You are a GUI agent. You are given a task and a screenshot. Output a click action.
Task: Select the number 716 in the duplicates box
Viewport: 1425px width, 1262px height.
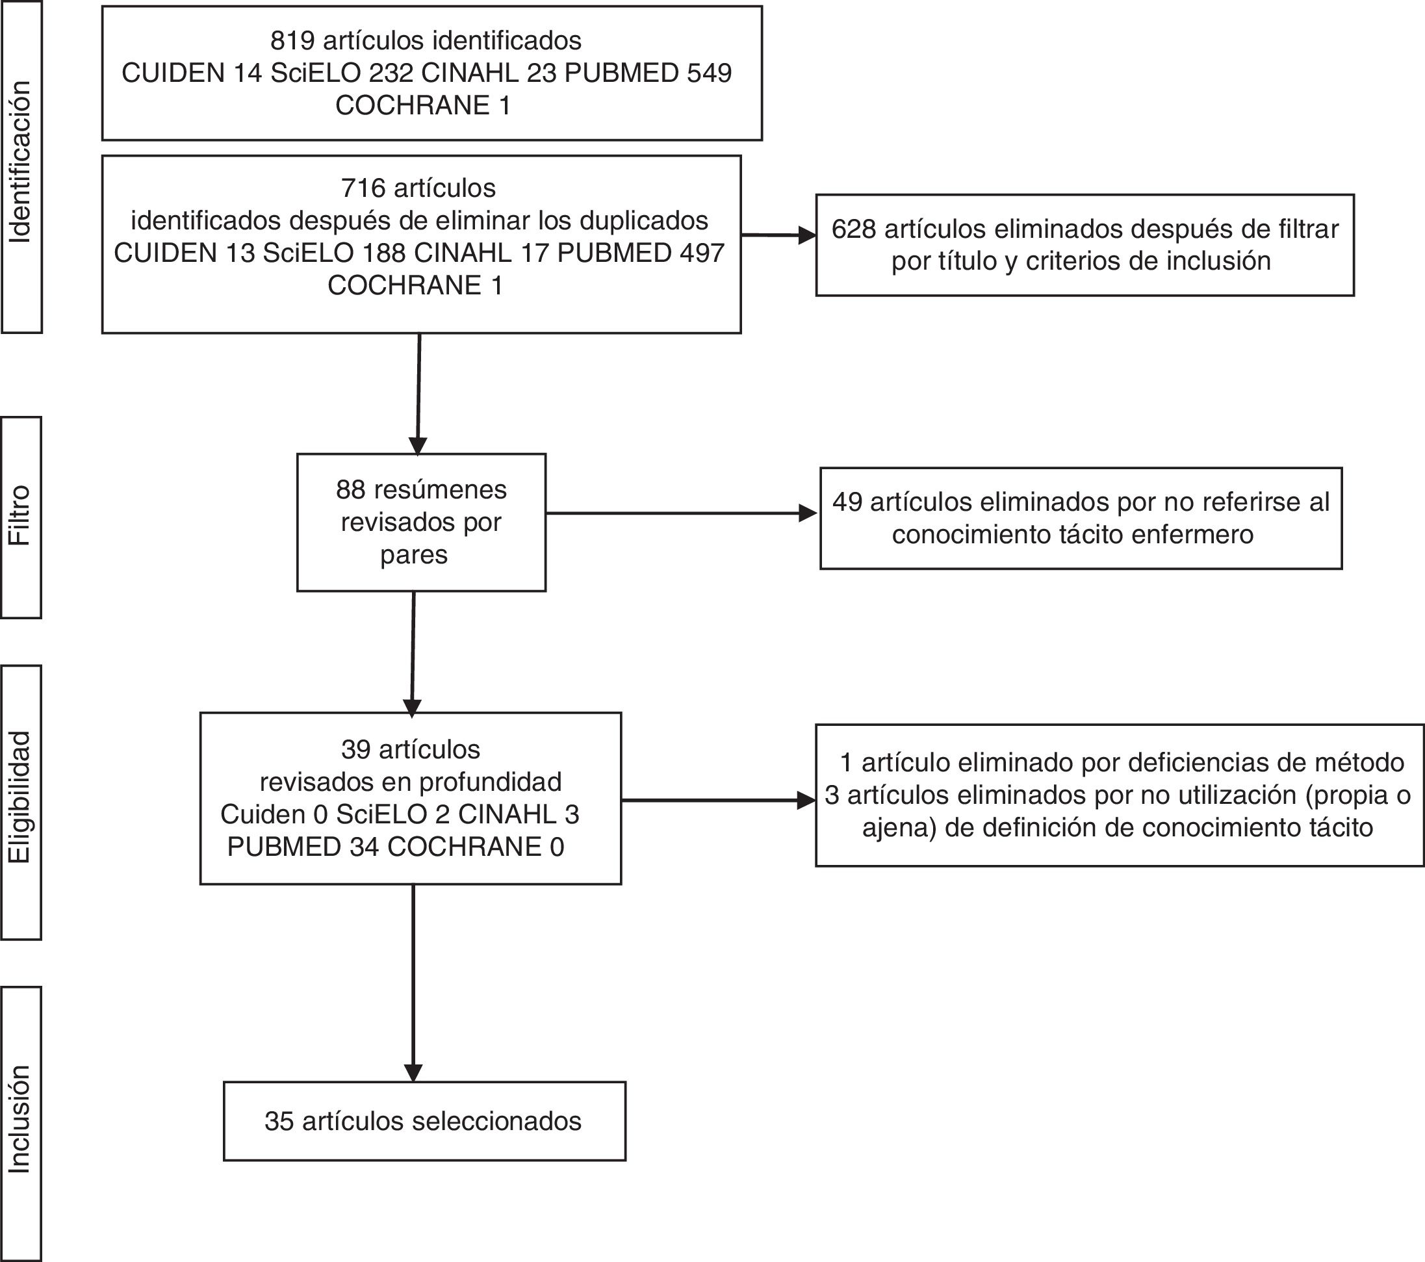(363, 188)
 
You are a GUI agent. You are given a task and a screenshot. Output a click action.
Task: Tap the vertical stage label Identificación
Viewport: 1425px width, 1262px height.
(21, 162)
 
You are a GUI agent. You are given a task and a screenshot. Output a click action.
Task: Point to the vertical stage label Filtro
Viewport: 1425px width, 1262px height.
(20, 515)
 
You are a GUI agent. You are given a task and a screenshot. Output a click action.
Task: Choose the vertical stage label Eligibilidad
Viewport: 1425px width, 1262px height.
(20, 797)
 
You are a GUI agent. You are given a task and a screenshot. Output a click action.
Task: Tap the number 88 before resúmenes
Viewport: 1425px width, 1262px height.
(351, 489)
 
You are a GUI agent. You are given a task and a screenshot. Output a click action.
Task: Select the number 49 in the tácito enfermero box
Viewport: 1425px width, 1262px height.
(847, 502)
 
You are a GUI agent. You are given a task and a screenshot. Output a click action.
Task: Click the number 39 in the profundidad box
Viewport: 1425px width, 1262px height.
(355, 749)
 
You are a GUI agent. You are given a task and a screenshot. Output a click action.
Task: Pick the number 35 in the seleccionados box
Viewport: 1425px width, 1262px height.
(279, 1120)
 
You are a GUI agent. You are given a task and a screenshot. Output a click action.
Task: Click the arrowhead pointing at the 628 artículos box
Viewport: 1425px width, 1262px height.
(807, 236)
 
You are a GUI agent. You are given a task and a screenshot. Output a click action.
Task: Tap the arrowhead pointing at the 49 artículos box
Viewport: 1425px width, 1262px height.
(809, 514)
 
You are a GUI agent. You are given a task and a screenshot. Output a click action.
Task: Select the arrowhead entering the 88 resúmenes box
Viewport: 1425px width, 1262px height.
(418, 446)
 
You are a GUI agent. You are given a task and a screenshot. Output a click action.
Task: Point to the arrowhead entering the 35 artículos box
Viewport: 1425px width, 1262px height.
(413, 1073)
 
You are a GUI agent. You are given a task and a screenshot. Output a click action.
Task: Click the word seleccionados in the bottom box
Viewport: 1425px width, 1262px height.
(496, 1120)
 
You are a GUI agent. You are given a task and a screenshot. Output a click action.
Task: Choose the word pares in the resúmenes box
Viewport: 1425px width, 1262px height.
(413, 556)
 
